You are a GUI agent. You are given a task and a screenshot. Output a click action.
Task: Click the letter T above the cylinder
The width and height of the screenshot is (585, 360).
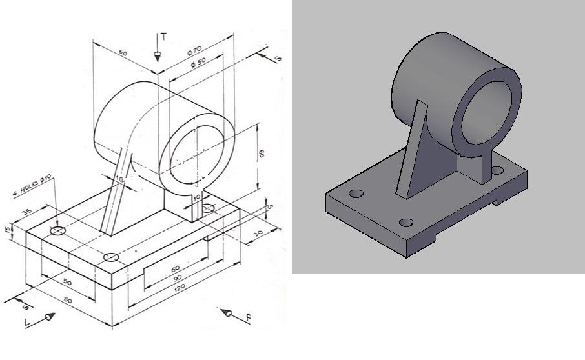click(163, 37)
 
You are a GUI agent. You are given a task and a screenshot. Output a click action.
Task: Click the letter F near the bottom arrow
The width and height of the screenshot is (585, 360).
click(248, 317)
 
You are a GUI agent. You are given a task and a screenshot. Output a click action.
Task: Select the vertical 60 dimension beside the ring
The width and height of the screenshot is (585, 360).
click(261, 154)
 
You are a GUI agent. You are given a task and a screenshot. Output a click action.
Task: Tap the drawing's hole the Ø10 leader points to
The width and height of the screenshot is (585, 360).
click(59, 230)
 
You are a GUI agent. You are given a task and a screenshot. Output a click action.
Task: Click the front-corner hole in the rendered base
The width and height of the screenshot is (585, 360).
click(405, 223)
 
